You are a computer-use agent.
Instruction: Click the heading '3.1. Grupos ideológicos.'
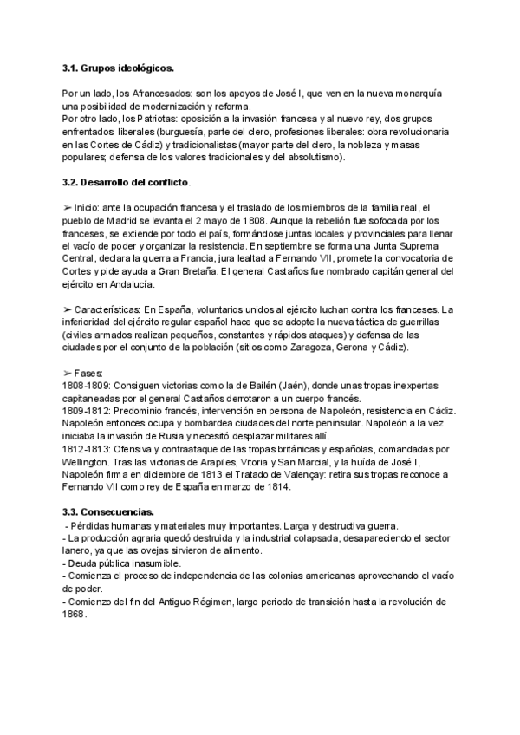118,67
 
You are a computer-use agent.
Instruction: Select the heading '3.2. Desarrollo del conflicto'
126,184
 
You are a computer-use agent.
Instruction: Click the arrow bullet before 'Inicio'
68,208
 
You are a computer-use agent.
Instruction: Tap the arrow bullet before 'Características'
68,309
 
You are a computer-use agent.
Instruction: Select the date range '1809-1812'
84,410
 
